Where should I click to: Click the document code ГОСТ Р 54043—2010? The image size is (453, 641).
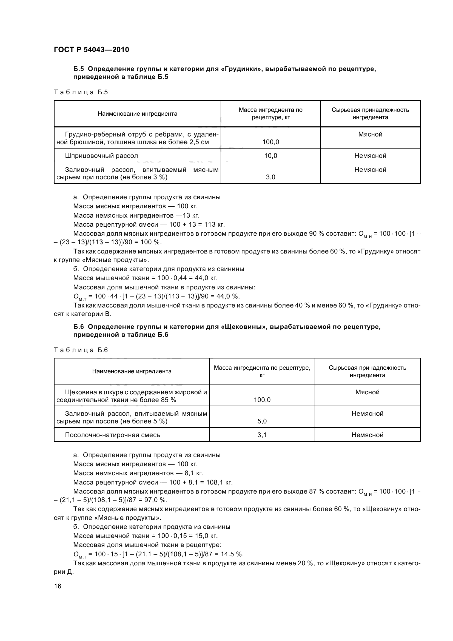point(91,50)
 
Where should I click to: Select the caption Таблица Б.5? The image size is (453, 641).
point(81,92)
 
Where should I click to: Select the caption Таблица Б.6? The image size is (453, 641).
point(81,350)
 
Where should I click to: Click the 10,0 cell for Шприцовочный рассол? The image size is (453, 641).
point(270,155)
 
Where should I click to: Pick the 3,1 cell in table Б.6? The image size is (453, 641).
point(262,435)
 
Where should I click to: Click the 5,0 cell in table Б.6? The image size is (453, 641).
point(262,421)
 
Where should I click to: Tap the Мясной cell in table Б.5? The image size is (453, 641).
point(370,134)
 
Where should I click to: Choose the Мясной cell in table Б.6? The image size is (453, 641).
point(367,392)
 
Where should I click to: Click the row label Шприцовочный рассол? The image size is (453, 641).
point(101,155)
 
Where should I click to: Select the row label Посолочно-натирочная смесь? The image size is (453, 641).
point(112,435)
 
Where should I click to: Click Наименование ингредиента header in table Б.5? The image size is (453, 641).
point(137,114)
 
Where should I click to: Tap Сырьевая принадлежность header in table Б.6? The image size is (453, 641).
point(367,371)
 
